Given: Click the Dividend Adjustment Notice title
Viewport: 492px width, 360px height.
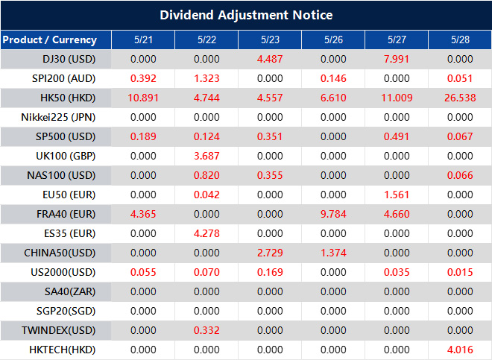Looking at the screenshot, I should click(x=246, y=15).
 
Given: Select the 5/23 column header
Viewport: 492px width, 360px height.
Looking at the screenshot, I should click(x=270, y=40).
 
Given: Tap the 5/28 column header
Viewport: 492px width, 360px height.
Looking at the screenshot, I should click(x=460, y=40).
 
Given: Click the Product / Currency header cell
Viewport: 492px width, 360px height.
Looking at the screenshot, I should click(x=50, y=40).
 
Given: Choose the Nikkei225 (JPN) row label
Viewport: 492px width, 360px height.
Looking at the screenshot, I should click(x=59, y=117).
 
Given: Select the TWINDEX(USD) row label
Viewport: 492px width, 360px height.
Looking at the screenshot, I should click(x=59, y=330).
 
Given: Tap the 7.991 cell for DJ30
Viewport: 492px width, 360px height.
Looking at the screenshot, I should click(x=397, y=59).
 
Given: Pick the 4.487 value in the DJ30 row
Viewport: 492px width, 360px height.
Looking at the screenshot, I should click(x=270, y=59).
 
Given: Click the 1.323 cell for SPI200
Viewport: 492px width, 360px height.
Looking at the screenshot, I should click(x=206, y=78).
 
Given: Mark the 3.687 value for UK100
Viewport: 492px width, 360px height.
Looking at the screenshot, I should click(x=206, y=156).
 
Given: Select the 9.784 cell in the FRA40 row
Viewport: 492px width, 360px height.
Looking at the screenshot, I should click(x=333, y=214).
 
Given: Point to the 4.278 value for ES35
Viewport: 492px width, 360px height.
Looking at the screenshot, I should click(x=206, y=233).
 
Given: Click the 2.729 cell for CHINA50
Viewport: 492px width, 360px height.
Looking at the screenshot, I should click(x=270, y=253).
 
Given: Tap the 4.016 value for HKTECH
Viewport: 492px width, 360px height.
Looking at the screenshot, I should click(x=460, y=350).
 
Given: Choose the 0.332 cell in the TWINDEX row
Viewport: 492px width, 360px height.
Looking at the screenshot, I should click(x=206, y=330).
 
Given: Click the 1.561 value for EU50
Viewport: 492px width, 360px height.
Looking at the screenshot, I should click(x=397, y=195).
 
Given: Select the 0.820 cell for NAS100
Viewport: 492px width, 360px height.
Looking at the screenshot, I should click(x=206, y=175).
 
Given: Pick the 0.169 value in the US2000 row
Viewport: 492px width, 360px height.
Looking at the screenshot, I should click(x=270, y=272).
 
